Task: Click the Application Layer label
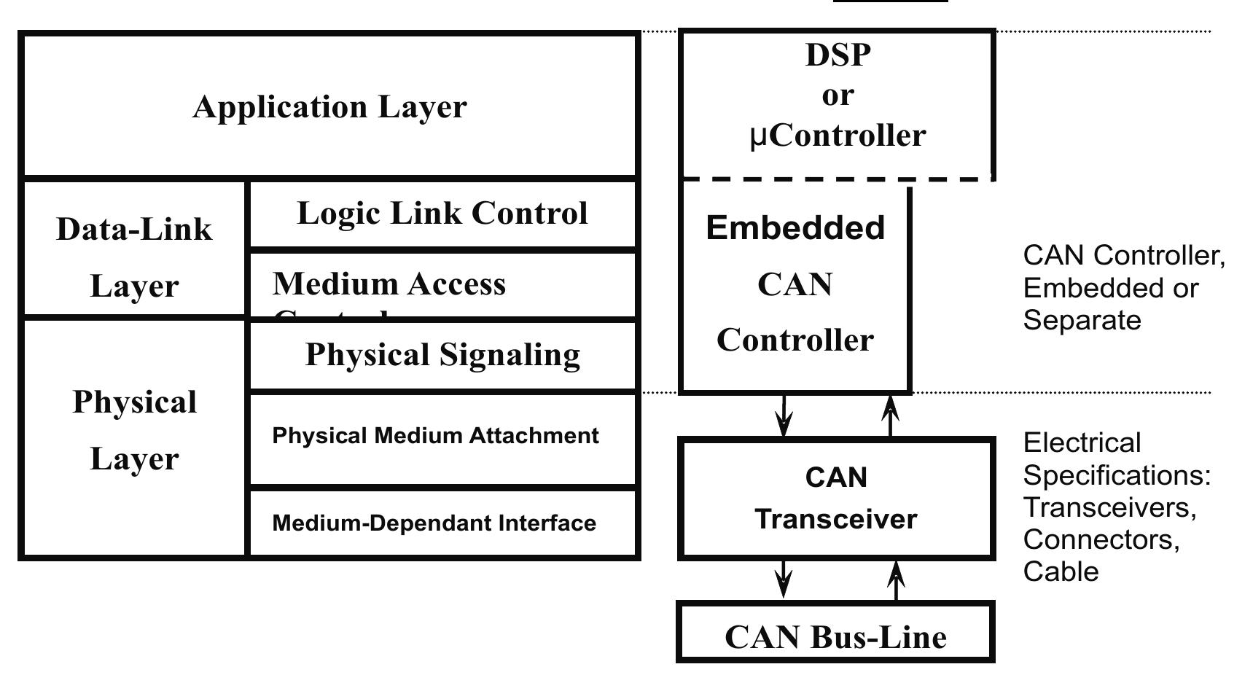click(329, 107)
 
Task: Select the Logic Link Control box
click(442, 214)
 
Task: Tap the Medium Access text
click(389, 284)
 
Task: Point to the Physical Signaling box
click(442, 355)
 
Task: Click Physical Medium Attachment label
click(435, 436)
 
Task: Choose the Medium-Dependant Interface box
click(434, 523)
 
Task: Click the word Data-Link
click(134, 230)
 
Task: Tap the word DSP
click(838, 55)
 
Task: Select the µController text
click(838, 136)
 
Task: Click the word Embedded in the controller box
click(795, 228)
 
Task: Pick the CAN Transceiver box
click(836, 499)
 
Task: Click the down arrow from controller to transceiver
click(784, 415)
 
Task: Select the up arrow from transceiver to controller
click(891, 415)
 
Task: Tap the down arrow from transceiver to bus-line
click(784, 580)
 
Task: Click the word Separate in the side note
click(1082, 321)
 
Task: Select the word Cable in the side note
click(1061, 571)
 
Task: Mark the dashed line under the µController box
click(838, 179)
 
